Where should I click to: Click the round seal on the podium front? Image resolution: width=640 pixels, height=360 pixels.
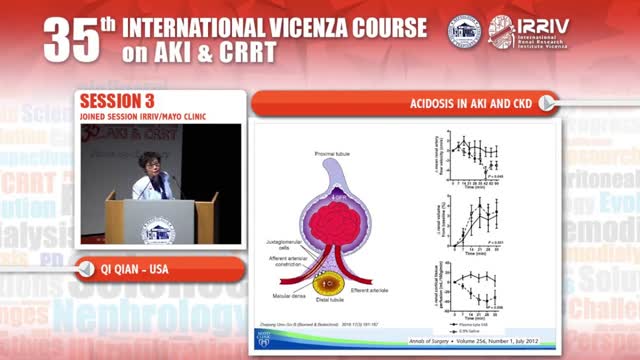point(156,231)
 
